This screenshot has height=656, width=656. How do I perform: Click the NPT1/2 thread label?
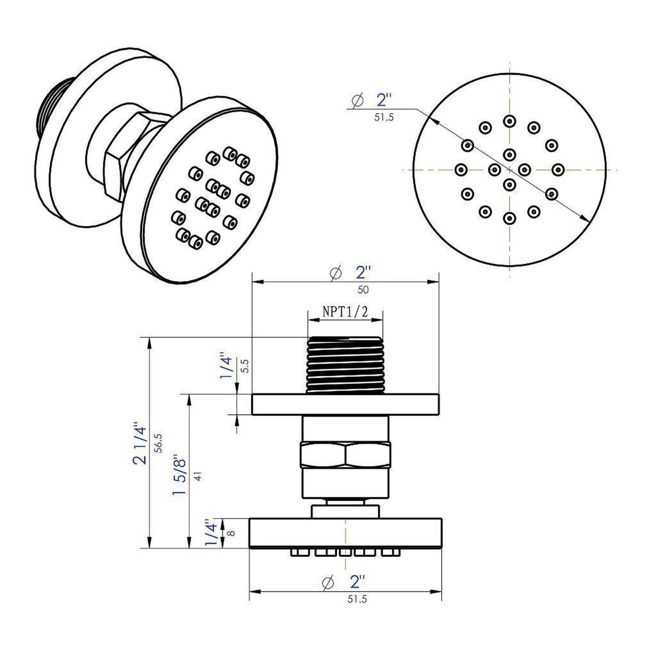(345, 311)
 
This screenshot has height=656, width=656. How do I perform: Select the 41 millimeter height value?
(197, 476)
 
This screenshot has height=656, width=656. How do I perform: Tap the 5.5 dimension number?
(245, 366)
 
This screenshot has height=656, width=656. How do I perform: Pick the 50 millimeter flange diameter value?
(363, 290)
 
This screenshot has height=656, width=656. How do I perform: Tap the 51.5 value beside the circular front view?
(384, 118)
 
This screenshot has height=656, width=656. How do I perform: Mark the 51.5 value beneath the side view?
(357, 599)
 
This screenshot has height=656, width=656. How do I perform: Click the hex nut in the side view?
(345, 456)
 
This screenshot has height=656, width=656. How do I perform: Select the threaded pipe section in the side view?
(345, 365)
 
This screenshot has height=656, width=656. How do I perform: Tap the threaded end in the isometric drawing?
(49, 108)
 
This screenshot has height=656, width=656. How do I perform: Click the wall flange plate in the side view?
(345, 404)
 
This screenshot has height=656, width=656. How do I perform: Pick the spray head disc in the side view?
(345, 533)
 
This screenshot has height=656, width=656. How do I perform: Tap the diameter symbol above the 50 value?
(335, 273)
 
